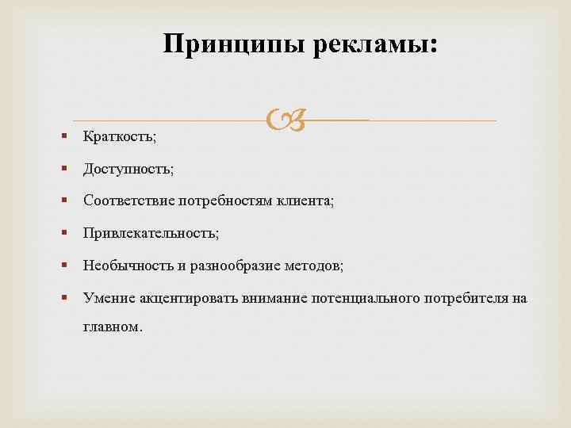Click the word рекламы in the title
[375, 44]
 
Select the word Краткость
[120, 137]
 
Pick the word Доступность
[128, 169]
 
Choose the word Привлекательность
[151, 233]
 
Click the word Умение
[109, 298]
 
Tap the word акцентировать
[186, 298]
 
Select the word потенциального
[362, 298]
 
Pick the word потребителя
[463, 298]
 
